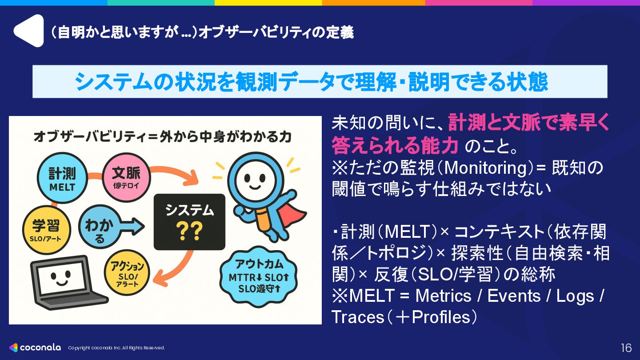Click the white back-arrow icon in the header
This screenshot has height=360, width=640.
tap(28, 31)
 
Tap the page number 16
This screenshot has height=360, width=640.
tap(626, 348)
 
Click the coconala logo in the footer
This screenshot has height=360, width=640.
tap(35, 348)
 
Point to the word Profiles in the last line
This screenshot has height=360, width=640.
tap(440, 317)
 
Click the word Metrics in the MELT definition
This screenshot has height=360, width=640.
tap(443, 296)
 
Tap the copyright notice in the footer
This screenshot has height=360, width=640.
tap(116, 348)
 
